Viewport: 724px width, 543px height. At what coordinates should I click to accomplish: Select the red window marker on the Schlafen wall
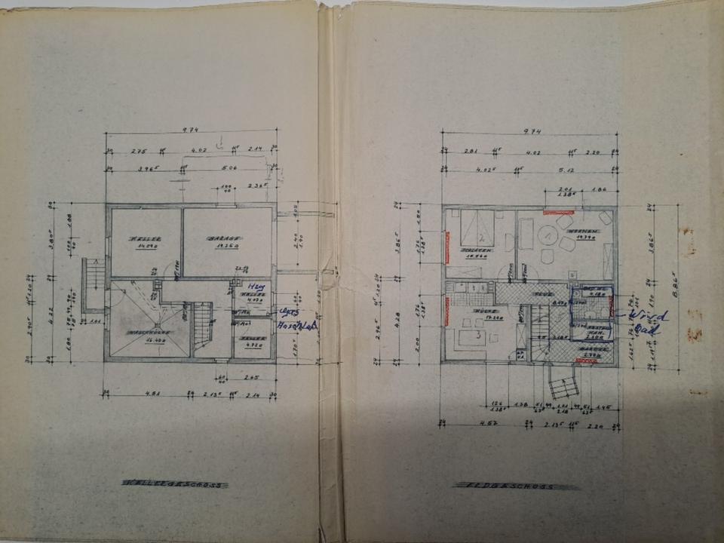point(447,243)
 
